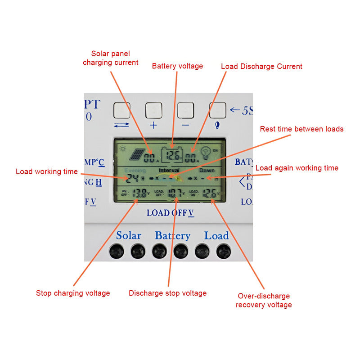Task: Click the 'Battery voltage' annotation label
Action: (x=177, y=66)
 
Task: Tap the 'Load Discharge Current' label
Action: (x=261, y=66)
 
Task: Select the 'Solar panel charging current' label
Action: (x=110, y=58)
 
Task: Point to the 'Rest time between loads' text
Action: (x=301, y=129)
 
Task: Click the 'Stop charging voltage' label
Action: (x=73, y=293)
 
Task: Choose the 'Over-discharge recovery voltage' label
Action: (x=263, y=300)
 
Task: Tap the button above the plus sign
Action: (x=153, y=110)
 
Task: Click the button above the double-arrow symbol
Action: (x=121, y=110)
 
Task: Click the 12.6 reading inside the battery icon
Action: (x=173, y=156)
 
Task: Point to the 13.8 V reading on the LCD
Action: (x=140, y=193)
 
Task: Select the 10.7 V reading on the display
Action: (x=174, y=193)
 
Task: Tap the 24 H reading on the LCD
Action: (x=133, y=178)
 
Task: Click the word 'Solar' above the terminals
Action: (x=129, y=235)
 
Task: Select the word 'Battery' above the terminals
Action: (x=172, y=235)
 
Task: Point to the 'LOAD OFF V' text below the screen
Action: (x=170, y=213)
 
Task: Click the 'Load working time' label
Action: (x=47, y=171)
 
